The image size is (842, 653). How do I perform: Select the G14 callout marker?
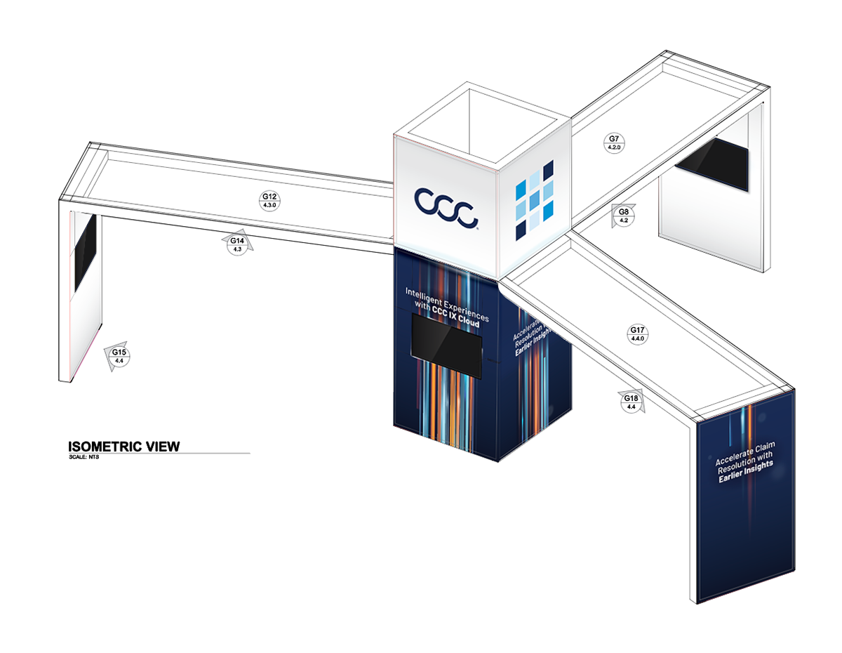[237, 244]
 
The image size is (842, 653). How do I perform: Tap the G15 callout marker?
[119, 356]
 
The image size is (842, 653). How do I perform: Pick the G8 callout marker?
[623, 215]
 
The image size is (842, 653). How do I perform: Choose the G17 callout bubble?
[637, 334]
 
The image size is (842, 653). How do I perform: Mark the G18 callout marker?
[631, 402]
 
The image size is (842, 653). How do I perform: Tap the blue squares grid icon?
[534, 199]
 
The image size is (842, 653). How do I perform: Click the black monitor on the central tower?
[447, 345]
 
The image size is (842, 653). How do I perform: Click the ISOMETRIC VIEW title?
[123, 446]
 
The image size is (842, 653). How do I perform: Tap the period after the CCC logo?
[479, 227]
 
